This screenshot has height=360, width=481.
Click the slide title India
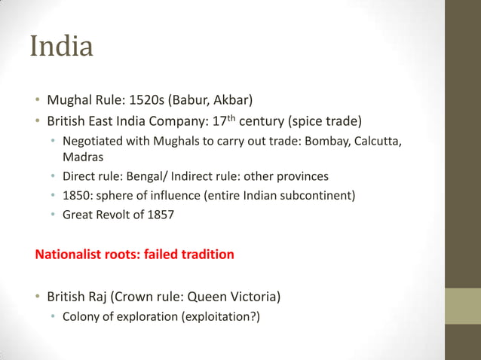[x=62, y=47]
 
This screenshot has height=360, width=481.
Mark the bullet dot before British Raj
[x=36, y=296]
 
